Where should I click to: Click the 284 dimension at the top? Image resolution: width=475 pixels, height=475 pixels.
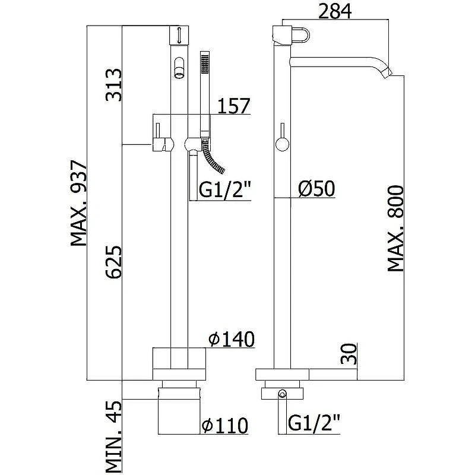tap(335, 11)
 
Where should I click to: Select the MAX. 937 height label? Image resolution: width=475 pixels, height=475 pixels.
tap(79, 203)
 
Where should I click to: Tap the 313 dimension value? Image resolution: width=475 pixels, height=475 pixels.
tap(113, 85)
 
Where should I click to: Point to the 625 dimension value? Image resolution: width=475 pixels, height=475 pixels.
tap(113, 262)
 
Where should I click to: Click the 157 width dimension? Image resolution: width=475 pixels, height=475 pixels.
tap(234, 106)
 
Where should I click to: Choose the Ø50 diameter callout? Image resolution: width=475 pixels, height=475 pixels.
tap(316, 188)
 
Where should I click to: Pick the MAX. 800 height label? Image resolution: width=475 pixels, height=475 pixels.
tap(396, 229)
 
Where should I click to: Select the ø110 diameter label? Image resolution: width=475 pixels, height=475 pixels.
tap(225, 425)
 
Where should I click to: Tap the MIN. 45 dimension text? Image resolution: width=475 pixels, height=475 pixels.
tap(113, 436)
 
